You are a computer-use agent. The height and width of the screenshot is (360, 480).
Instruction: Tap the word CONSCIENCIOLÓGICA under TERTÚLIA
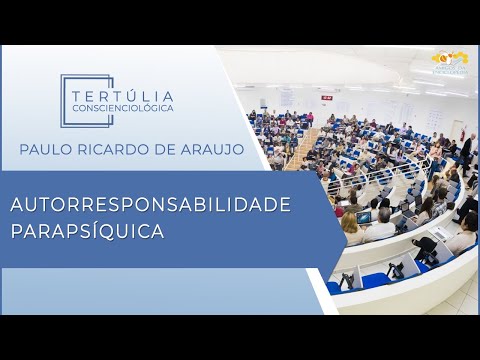click(x=123, y=107)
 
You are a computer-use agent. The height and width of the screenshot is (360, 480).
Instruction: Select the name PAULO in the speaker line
click(x=45, y=149)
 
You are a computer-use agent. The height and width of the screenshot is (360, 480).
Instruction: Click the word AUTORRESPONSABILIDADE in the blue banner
click(x=150, y=205)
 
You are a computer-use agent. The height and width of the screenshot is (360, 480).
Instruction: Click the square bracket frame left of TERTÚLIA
click(x=72, y=100)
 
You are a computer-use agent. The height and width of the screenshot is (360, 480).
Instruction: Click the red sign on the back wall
click(x=327, y=97)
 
